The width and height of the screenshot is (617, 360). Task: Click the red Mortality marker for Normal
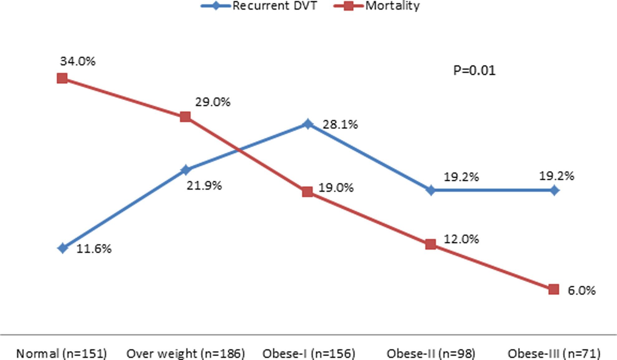(62, 78)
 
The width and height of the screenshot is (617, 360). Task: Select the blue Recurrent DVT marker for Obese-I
(308, 124)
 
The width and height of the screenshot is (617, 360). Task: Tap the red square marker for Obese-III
(554, 290)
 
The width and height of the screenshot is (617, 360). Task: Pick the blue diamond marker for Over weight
(186, 170)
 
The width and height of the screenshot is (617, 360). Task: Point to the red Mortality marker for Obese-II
(431, 244)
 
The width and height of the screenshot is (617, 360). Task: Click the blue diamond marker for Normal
(63, 248)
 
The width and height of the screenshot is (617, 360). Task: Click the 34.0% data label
(78, 61)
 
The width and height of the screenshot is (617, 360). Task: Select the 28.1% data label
(340, 125)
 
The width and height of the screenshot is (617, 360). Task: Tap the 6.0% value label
(581, 290)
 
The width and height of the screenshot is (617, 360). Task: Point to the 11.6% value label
(94, 249)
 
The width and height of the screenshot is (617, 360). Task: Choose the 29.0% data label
(213, 102)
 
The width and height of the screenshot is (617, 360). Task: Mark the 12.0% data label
(461, 239)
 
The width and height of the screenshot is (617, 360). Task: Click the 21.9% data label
(204, 186)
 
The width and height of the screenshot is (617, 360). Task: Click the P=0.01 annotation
(474, 70)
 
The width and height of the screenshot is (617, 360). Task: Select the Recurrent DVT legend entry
(259, 6)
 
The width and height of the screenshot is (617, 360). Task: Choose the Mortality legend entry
(377, 6)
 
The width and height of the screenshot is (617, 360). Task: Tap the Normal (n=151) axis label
(61, 354)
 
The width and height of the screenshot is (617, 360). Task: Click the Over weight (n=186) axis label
(186, 354)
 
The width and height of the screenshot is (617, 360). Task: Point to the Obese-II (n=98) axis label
(431, 354)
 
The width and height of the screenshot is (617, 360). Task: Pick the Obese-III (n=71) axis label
(554, 354)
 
